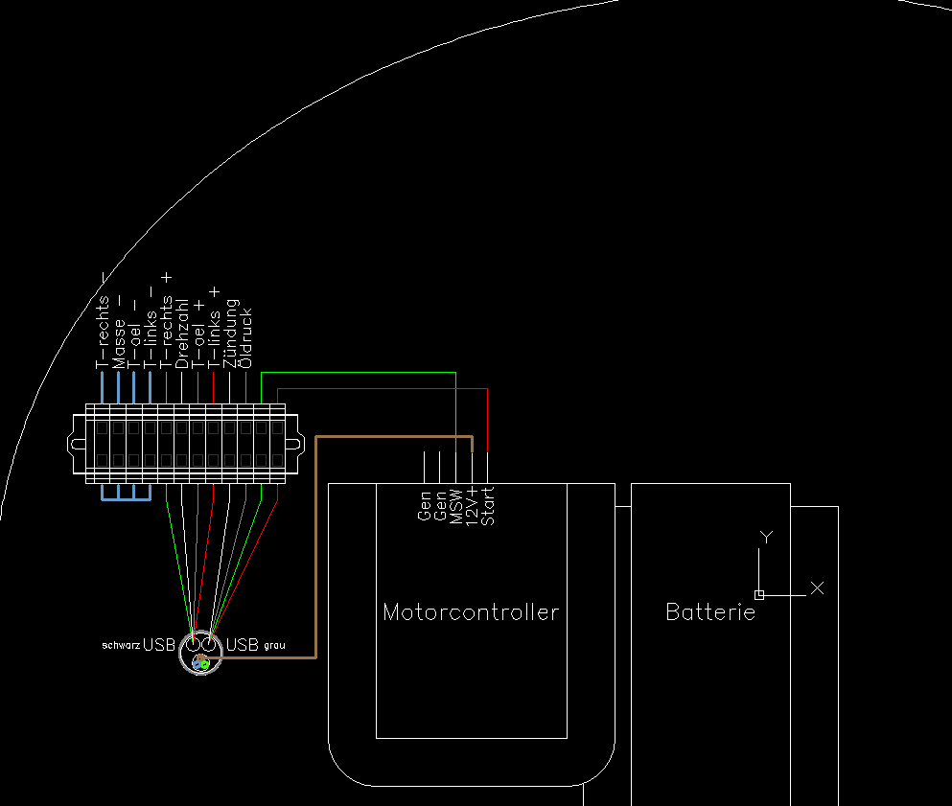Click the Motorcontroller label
click(x=471, y=611)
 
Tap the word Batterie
click(x=710, y=611)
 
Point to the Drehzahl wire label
click(x=182, y=334)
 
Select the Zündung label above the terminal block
click(x=230, y=334)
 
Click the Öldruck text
click(x=245, y=338)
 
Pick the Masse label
click(x=119, y=343)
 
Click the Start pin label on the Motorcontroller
click(x=488, y=506)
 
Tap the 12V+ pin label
click(x=473, y=506)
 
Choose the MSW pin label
click(x=456, y=507)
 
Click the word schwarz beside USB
click(x=121, y=645)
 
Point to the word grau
click(x=274, y=645)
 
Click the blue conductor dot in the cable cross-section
click(x=197, y=664)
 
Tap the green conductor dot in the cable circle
click(x=205, y=664)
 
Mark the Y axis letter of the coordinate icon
click(x=766, y=537)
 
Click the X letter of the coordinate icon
click(x=817, y=587)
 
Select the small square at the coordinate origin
click(x=759, y=595)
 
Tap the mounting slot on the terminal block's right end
click(x=292, y=445)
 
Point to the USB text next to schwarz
click(x=159, y=645)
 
